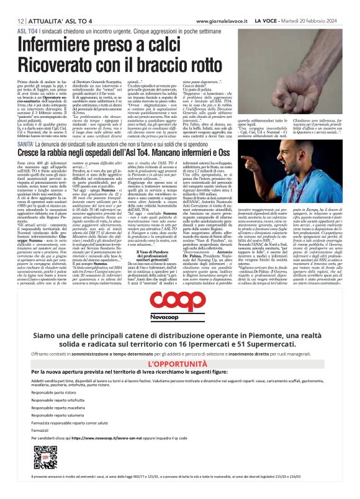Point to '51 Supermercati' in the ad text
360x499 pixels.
click(x=305, y=346)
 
